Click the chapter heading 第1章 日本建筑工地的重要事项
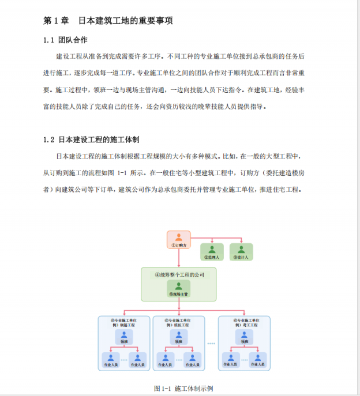[108, 20]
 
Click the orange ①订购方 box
[179, 240]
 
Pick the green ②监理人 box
[212, 251]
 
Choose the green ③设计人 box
[241, 251]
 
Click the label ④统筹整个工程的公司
[179, 275]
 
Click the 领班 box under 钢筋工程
[123, 337]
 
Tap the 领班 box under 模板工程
[179, 337]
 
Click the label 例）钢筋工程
[123, 325]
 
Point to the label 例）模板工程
[179, 325]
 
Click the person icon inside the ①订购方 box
[179, 236]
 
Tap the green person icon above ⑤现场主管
[179, 285]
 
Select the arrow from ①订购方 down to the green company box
[179, 258]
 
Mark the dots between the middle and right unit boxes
[211, 344]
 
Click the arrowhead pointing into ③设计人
[241, 242]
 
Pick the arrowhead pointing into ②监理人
[212, 242]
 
